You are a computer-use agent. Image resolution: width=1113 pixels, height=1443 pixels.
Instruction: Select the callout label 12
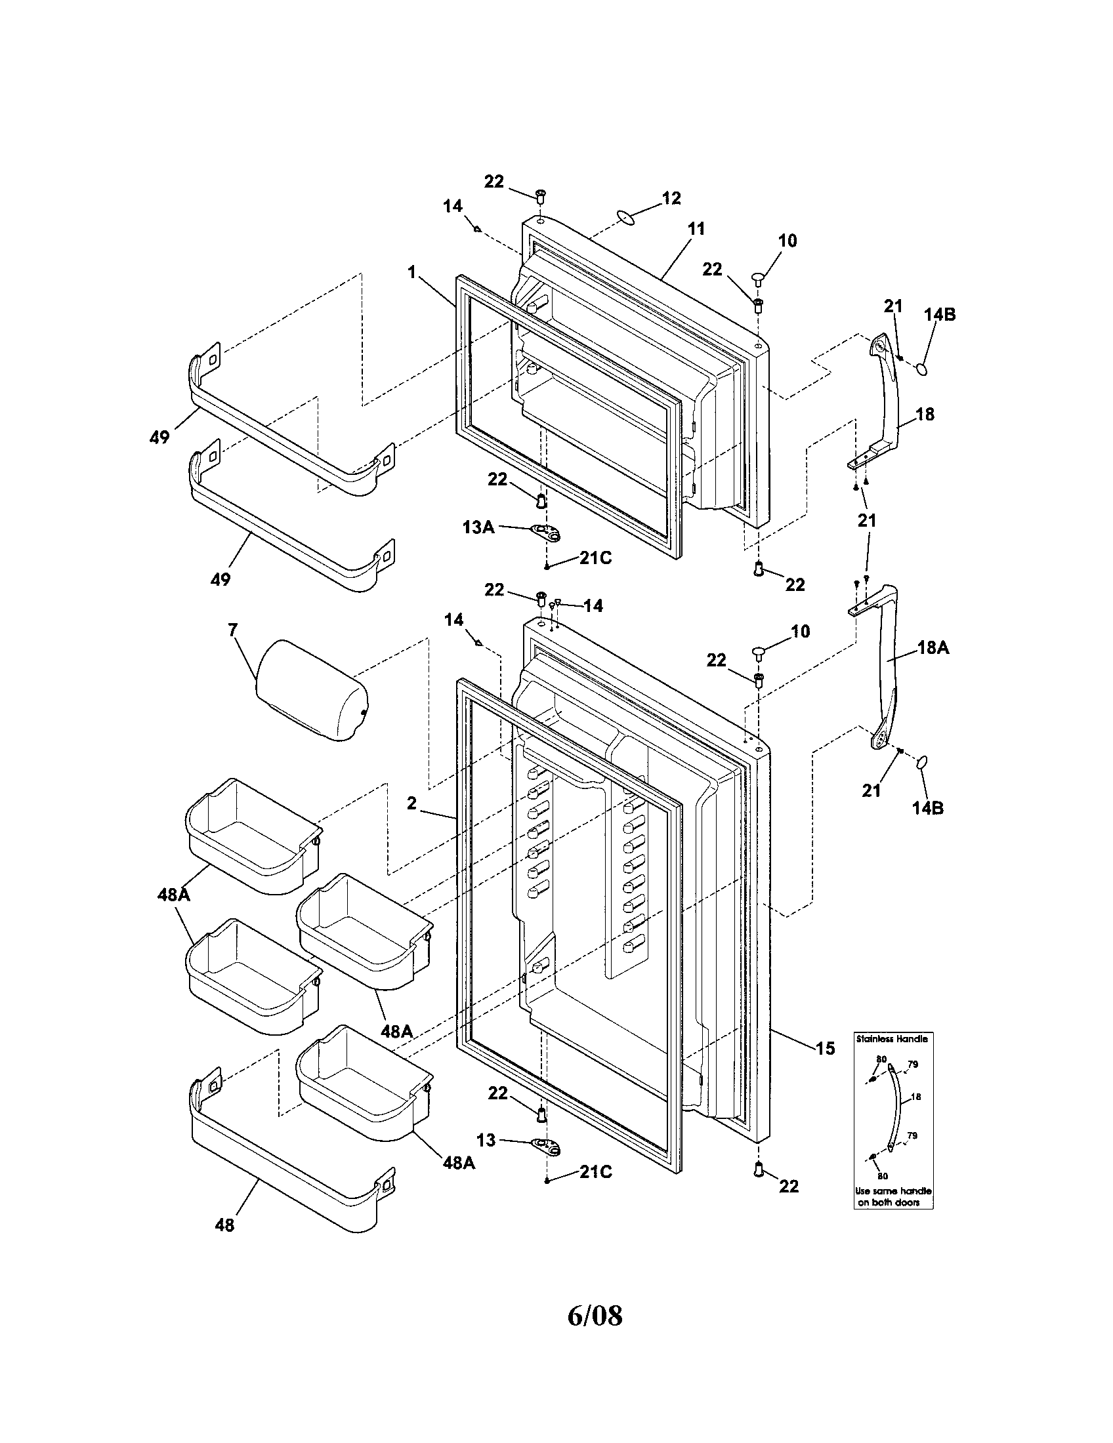(671, 198)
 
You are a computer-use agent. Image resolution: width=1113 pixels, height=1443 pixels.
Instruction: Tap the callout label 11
(696, 230)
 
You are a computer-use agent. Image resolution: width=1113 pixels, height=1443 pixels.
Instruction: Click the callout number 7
(233, 630)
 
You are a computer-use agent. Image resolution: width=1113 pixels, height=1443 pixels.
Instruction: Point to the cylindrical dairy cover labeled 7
(312, 691)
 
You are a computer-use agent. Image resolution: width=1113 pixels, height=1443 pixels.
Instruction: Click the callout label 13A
(478, 527)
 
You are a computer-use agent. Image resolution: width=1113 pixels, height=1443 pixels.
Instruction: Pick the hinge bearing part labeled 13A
(546, 531)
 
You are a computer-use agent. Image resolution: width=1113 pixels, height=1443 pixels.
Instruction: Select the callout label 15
(826, 1048)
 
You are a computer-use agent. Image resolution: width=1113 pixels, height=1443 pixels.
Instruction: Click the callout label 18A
(933, 648)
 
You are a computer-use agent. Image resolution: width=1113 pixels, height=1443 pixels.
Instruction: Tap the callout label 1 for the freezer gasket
(411, 272)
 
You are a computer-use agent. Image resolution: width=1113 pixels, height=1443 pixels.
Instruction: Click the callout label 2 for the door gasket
(411, 803)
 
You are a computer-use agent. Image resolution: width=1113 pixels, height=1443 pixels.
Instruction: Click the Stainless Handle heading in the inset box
(892, 1039)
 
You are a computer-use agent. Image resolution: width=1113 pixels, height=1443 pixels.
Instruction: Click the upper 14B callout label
(939, 315)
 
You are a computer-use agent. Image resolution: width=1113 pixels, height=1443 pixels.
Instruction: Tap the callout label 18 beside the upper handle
(925, 415)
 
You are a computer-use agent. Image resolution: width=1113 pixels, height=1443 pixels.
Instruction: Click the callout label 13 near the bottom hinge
(486, 1140)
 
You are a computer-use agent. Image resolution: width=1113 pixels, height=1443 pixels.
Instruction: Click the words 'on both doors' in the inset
(889, 1202)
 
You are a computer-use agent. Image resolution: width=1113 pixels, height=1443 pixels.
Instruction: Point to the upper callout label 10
(786, 241)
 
